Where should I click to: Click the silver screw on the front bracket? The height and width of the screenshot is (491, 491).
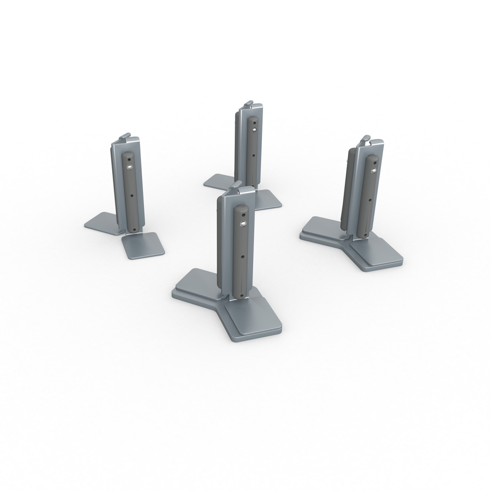(243, 223)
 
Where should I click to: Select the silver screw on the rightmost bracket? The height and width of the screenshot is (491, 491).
(374, 171)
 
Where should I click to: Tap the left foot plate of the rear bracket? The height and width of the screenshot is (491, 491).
(219, 181)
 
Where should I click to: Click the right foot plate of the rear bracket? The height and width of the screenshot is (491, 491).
(267, 199)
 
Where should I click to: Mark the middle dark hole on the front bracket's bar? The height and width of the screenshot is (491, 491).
(243, 257)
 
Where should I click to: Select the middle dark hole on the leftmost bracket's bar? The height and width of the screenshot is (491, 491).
(132, 196)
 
